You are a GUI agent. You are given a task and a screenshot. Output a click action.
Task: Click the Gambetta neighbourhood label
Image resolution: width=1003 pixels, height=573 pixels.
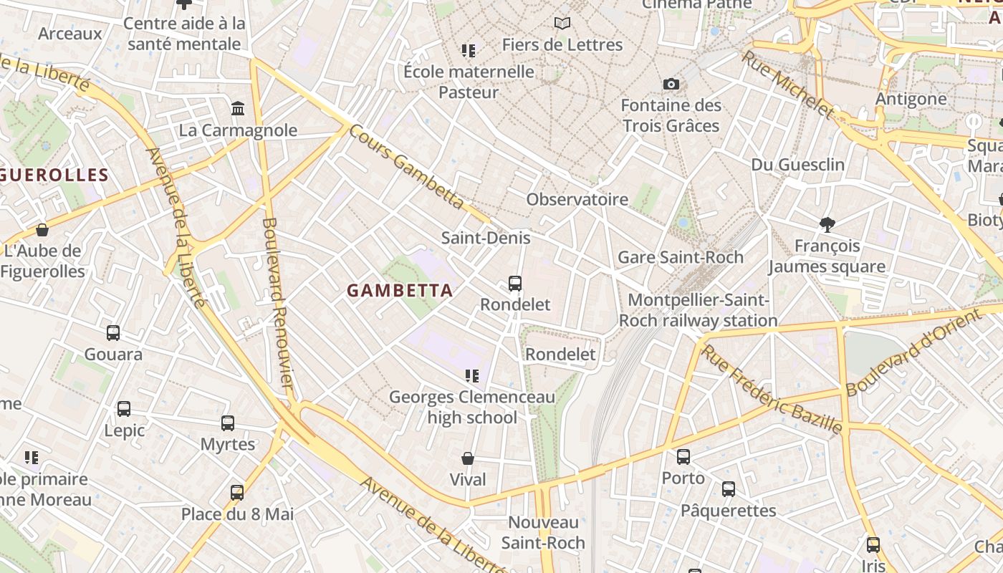(x=400, y=290)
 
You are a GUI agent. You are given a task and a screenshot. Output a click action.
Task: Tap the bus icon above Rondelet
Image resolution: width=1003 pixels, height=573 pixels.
(x=514, y=284)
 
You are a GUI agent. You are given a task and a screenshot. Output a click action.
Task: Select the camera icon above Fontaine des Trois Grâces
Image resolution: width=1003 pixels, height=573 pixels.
(x=671, y=84)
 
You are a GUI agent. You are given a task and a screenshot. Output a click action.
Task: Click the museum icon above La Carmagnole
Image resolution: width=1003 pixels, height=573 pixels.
(x=238, y=109)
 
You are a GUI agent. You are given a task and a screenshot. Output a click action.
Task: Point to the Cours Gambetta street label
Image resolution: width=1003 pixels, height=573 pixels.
(x=407, y=169)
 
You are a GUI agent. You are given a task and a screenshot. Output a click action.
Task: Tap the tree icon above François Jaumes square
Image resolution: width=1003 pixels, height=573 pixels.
(x=827, y=225)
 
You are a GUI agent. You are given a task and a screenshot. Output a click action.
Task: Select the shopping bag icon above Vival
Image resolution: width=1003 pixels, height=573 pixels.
(x=468, y=458)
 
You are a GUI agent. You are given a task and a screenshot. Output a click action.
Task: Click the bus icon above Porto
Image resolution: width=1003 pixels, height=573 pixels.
(x=683, y=456)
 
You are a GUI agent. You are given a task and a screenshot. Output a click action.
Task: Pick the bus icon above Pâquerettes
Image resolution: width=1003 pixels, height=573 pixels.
(x=729, y=489)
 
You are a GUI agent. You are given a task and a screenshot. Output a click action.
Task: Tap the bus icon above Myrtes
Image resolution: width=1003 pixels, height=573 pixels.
(x=228, y=423)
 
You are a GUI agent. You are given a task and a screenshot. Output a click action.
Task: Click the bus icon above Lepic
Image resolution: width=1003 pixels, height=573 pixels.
(x=124, y=409)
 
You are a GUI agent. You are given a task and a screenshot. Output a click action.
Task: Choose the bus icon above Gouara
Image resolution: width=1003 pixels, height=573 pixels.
(x=113, y=333)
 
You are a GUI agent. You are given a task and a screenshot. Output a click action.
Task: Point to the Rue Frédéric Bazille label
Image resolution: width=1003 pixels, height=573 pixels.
(x=772, y=389)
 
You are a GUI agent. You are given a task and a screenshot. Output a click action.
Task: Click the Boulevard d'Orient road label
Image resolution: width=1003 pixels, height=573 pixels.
(x=913, y=352)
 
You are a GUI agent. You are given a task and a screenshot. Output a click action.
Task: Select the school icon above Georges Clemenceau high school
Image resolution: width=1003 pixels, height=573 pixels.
(x=471, y=375)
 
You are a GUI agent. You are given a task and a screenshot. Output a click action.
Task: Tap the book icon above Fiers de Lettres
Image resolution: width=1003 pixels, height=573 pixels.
(x=562, y=24)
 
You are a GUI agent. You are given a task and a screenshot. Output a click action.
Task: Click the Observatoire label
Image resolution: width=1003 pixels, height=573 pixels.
(x=577, y=199)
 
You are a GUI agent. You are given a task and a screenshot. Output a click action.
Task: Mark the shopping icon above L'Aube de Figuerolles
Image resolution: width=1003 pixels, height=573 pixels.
(x=42, y=230)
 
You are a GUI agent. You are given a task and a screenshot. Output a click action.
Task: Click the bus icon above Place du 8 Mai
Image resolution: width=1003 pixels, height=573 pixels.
(x=237, y=493)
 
